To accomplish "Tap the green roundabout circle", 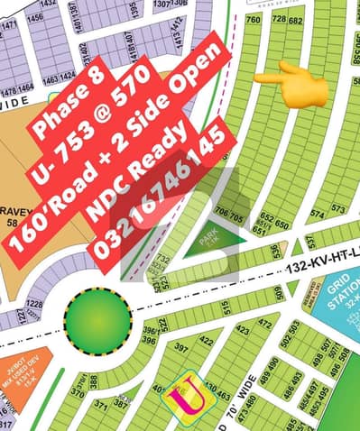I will tap(96, 319).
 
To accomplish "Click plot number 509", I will tap(279, 291).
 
